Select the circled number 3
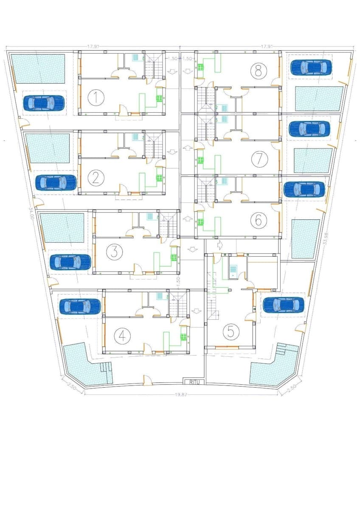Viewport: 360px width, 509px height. click(113, 252)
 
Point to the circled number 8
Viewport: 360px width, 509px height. click(258, 70)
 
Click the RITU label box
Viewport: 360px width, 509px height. click(194, 382)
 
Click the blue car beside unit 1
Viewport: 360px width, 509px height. click(44, 102)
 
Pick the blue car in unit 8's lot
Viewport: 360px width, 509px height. click(311, 67)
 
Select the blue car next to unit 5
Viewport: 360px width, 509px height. click(283, 304)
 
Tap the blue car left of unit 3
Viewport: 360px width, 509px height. click(70, 262)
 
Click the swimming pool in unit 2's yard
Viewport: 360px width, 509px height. click(48, 148)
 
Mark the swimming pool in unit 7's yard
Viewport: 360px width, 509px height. click(313, 160)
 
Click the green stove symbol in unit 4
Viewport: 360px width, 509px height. click(183, 337)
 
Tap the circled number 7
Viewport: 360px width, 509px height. click(257, 159)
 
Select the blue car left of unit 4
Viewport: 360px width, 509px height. click(80, 306)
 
